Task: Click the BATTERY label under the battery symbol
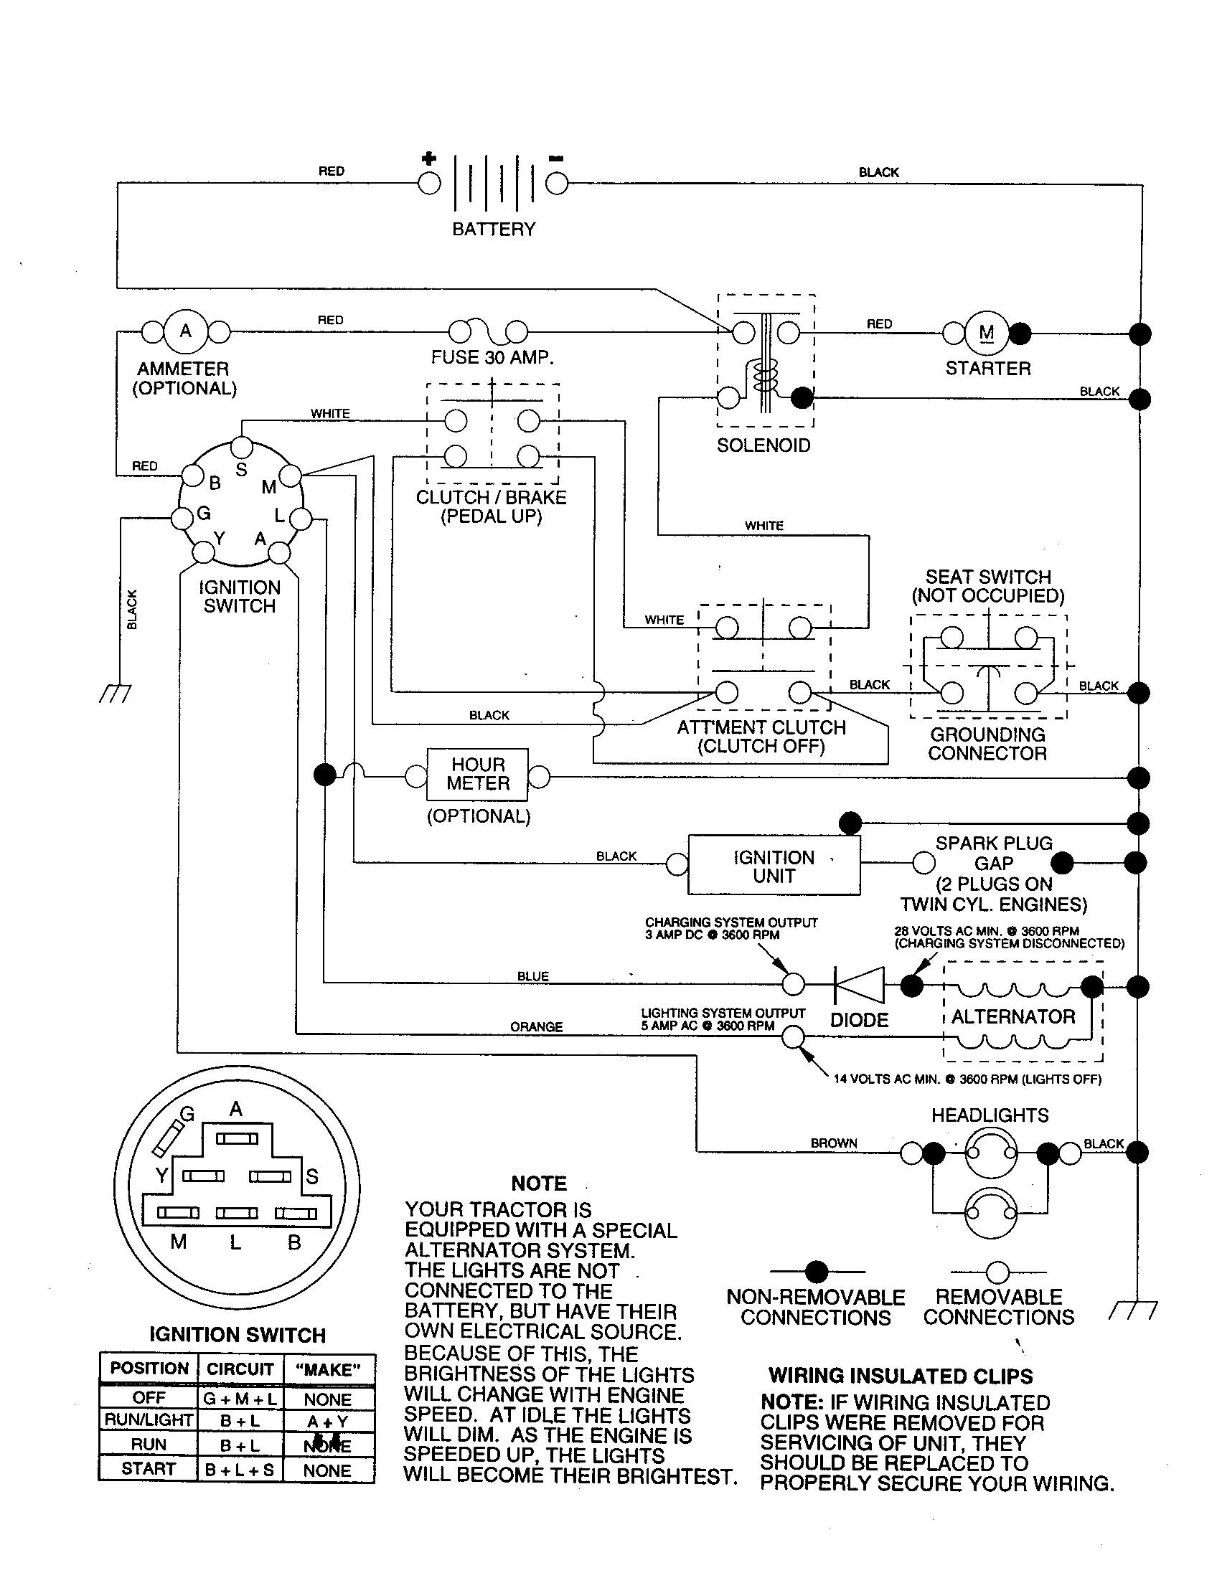click(494, 229)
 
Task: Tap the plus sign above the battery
click(428, 159)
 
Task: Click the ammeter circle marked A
click(186, 331)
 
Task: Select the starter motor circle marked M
click(986, 333)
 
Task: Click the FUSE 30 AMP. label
click(492, 358)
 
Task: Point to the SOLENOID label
click(763, 445)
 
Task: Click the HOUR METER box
click(478, 774)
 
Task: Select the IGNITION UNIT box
click(774, 866)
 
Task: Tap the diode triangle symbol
click(860, 984)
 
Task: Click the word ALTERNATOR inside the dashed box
click(1013, 1016)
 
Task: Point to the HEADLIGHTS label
click(990, 1115)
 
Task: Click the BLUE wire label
click(532, 976)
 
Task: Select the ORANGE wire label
click(536, 1026)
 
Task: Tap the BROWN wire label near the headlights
click(833, 1143)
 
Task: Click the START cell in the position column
click(148, 1469)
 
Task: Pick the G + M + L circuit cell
click(240, 1399)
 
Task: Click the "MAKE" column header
click(328, 1370)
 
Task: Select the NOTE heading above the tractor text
click(538, 1183)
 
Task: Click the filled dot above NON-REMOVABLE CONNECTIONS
click(817, 1272)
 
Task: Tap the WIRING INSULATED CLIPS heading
click(901, 1376)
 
